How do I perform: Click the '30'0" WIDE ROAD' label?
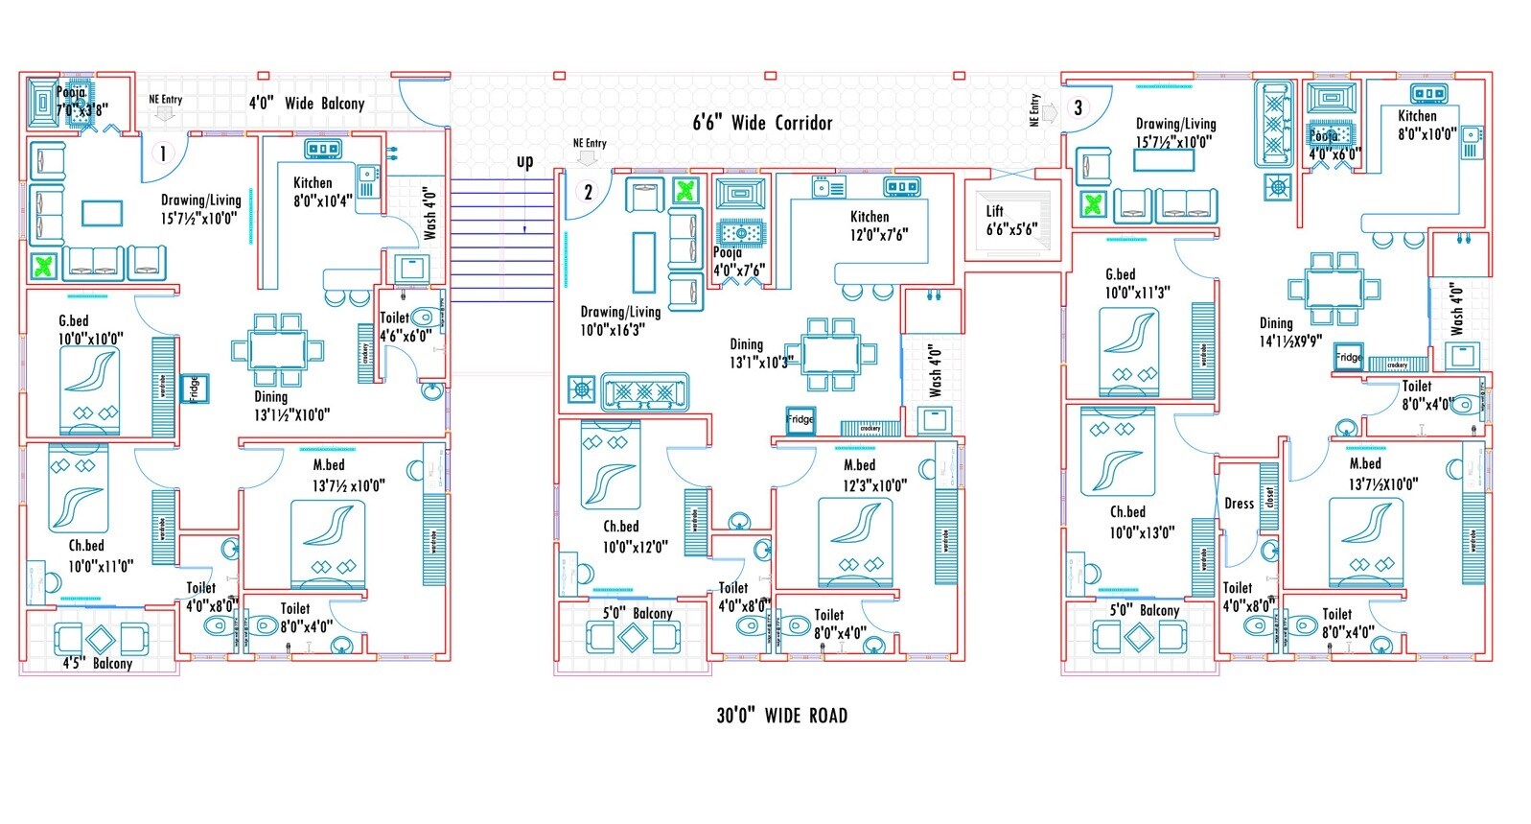coord(781,716)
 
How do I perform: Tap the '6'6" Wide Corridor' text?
coord(762,123)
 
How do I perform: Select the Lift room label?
coord(1010,221)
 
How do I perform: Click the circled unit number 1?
coord(163,153)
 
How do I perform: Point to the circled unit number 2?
coord(589,192)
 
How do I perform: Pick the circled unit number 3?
coord(1079,107)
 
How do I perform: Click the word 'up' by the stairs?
coord(524,161)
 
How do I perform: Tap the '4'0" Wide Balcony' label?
coord(307,103)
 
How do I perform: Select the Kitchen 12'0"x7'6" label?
coord(878,225)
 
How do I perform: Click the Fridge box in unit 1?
coord(195,388)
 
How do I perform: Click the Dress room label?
coord(1239,504)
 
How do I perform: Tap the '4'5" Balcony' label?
coord(98,664)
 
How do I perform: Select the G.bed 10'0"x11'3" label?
coord(1136,284)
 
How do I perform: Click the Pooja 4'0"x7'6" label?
coord(738,262)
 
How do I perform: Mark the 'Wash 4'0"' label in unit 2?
coord(936,370)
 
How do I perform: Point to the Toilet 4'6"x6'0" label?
coord(405,327)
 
